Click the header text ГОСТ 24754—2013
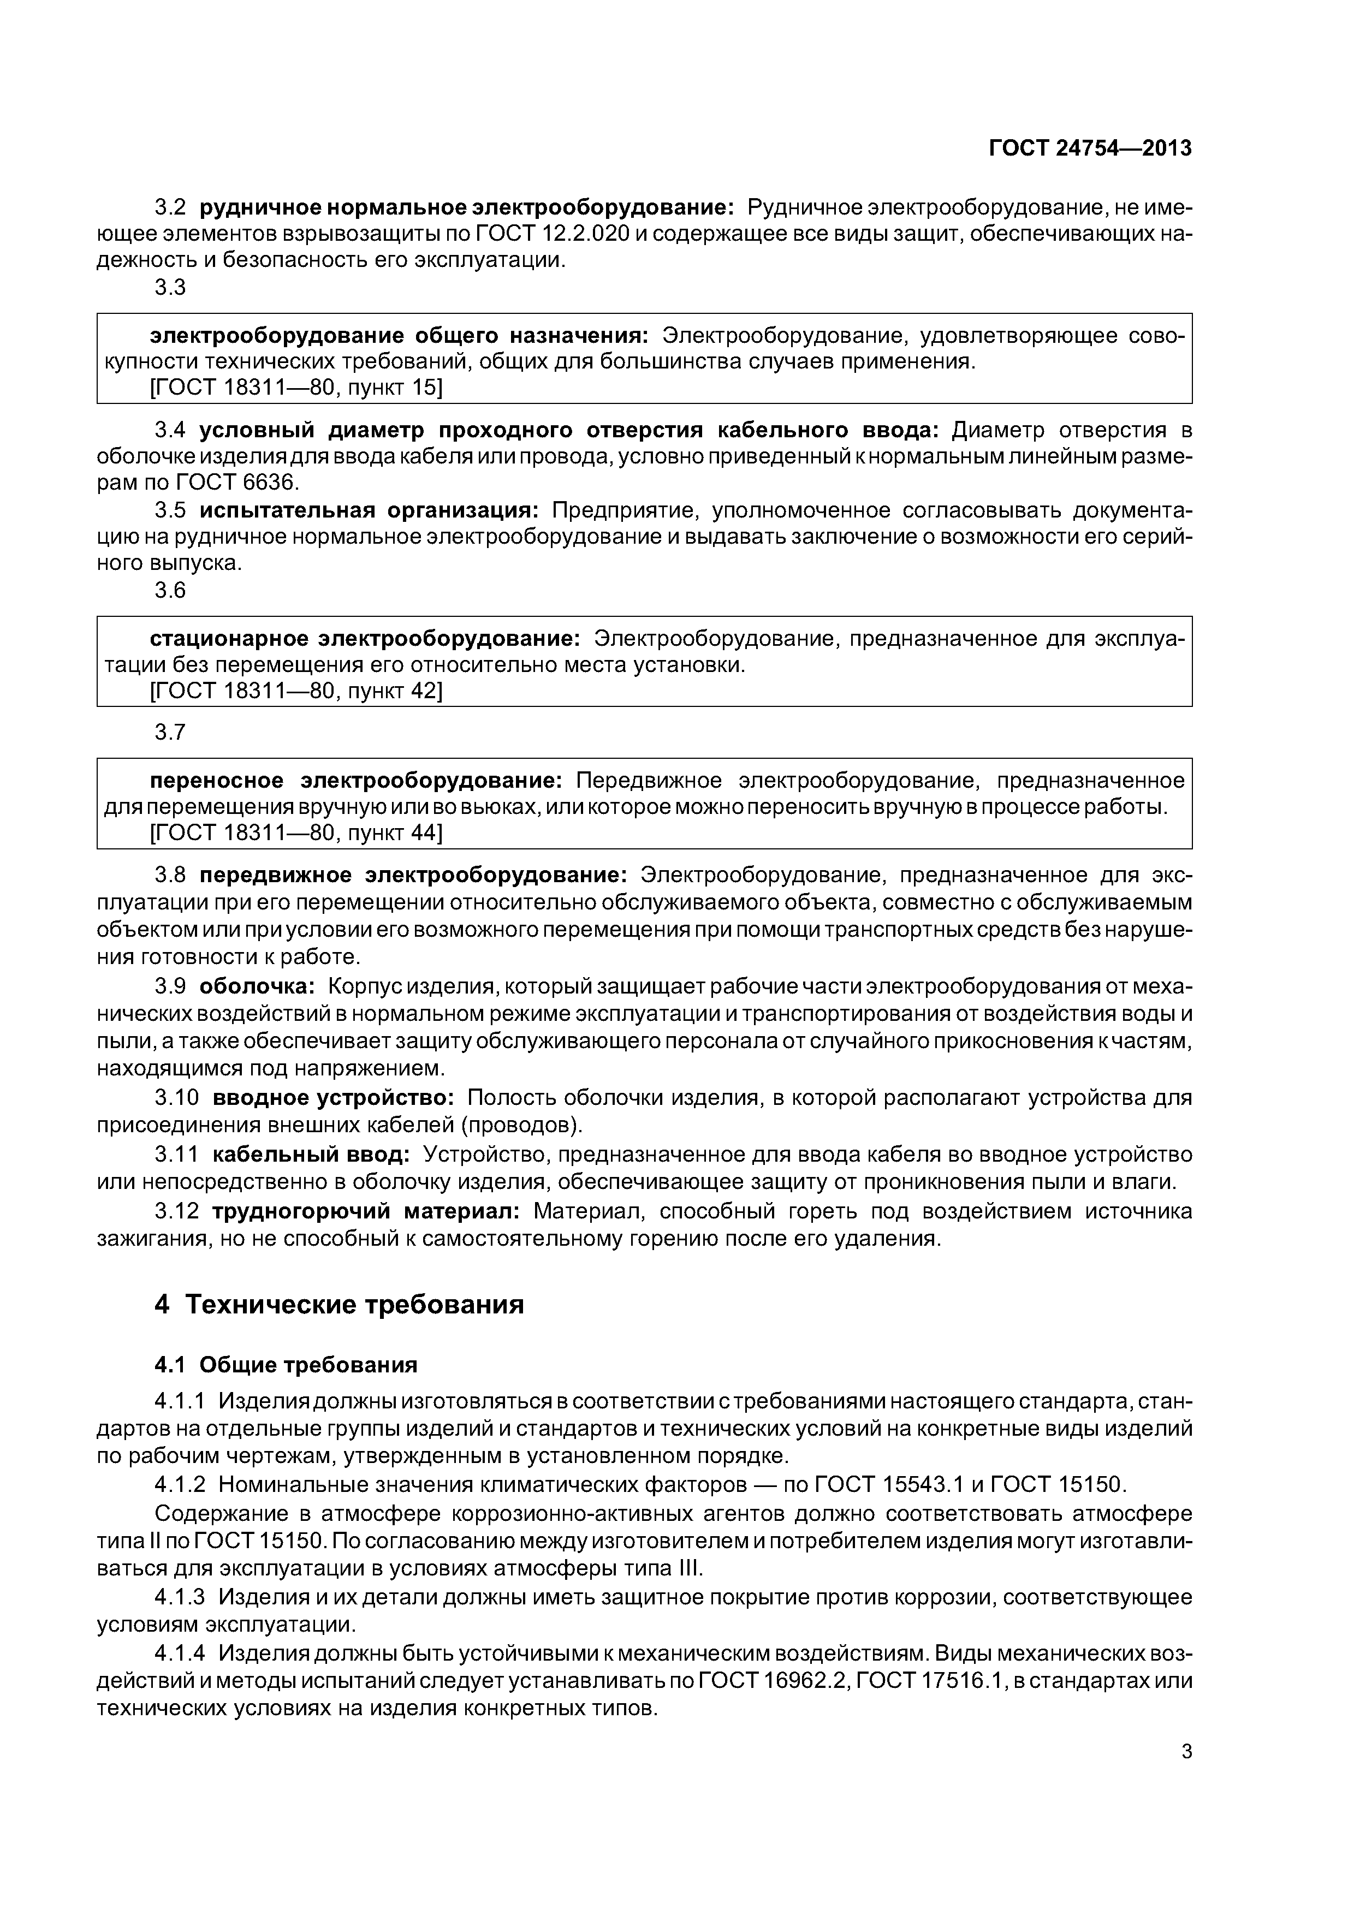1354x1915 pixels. (1090, 148)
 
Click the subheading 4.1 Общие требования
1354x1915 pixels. (286, 1365)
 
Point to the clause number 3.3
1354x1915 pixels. (170, 287)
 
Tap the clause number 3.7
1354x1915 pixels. (170, 731)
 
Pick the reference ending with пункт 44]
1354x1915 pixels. (295, 832)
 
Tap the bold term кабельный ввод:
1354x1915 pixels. (310, 1155)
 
